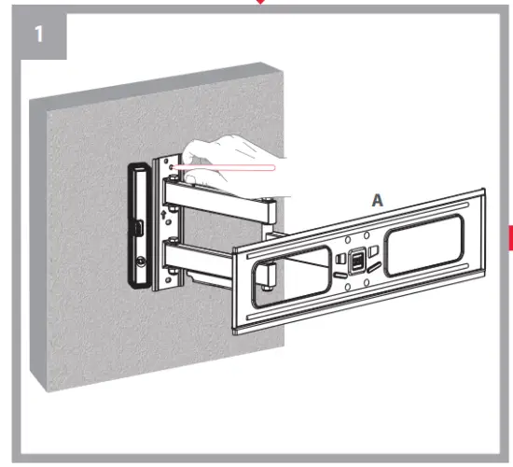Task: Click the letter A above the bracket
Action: coord(377,200)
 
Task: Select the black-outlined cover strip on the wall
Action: coord(136,224)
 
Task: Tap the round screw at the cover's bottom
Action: coord(140,264)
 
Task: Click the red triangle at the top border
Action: coord(261,3)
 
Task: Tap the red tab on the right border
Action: coord(509,239)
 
